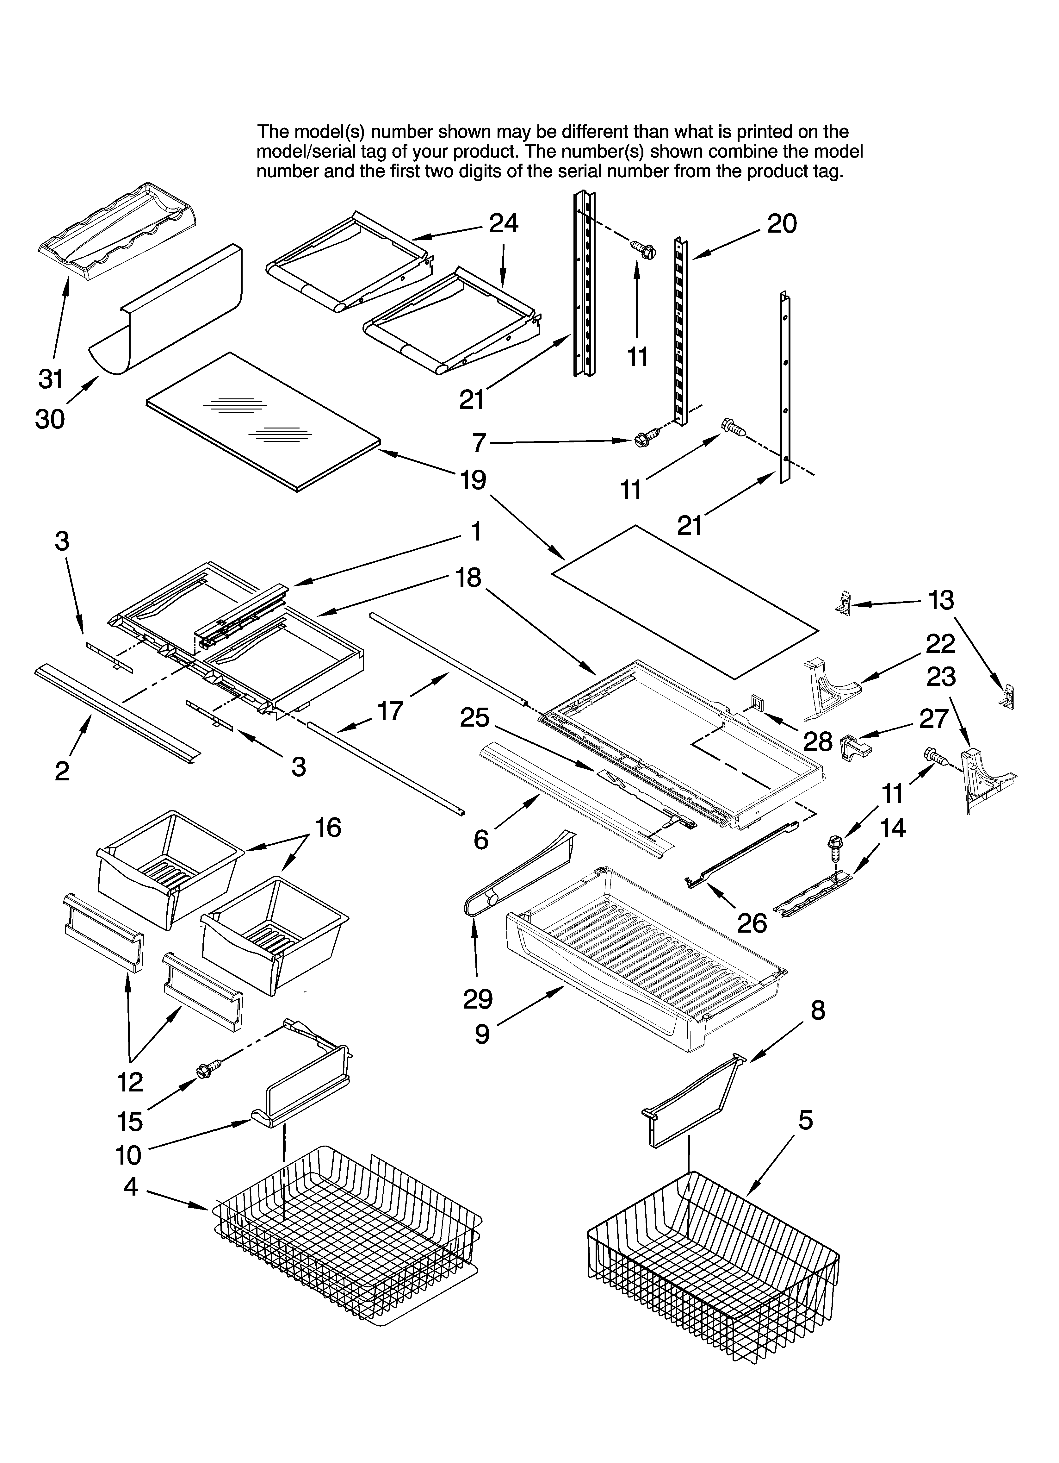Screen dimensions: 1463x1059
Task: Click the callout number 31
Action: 50,379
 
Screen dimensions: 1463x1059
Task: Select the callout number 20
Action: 782,224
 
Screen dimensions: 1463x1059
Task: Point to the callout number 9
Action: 482,1034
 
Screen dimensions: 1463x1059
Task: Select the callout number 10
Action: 128,1155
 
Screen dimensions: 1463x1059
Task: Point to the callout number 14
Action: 893,828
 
